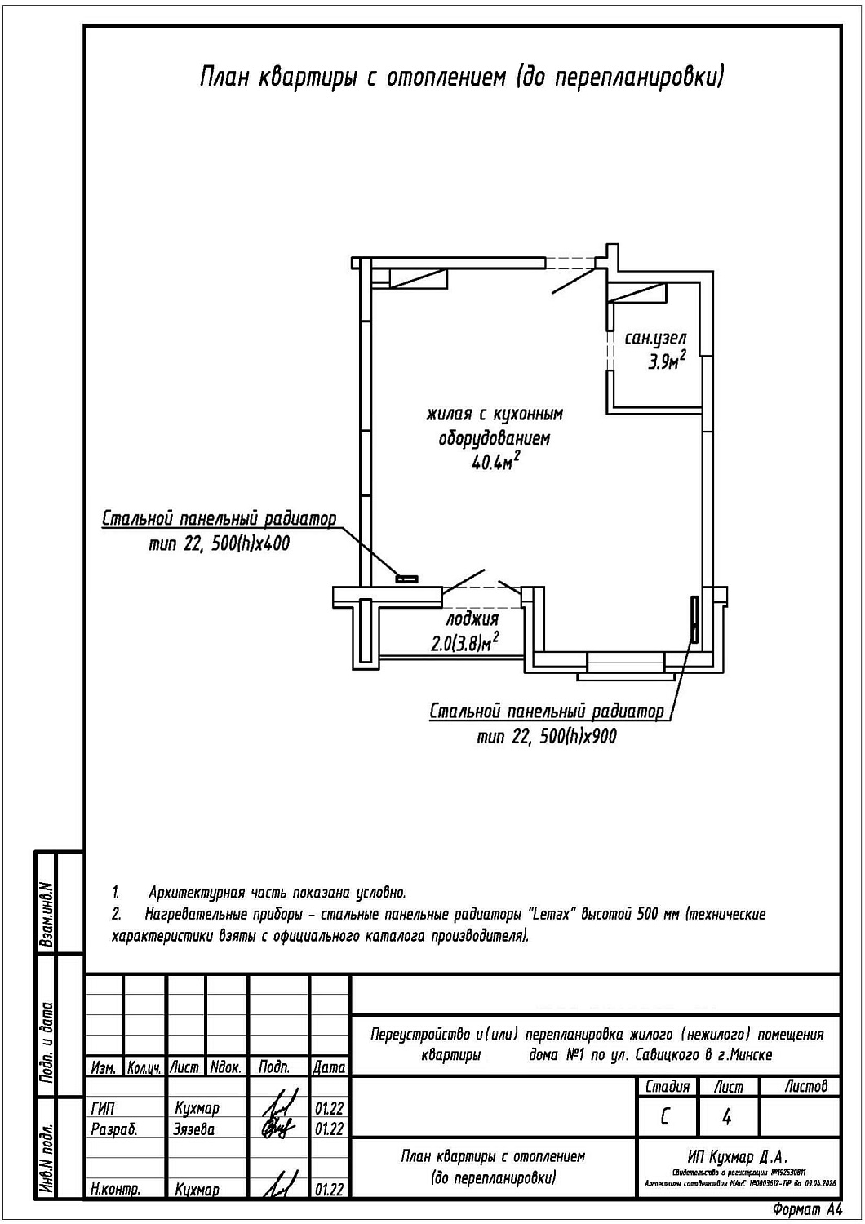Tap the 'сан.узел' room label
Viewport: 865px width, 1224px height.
click(655, 338)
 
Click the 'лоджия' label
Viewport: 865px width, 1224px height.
click(472, 619)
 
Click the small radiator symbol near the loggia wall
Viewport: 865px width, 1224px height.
click(406, 579)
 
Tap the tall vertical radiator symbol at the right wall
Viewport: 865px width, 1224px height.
click(694, 620)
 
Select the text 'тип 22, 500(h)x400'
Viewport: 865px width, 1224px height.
click(219, 543)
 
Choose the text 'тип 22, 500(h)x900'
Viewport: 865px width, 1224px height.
click(547, 736)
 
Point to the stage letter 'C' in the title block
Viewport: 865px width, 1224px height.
click(665, 1116)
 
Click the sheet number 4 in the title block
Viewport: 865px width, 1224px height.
click(727, 1116)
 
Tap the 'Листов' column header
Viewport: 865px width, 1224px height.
click(805, 1086)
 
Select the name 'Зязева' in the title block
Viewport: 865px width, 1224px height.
click(194, 1129)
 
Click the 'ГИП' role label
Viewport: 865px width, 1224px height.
click(104, 1108)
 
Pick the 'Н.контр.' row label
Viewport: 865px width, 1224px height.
click(114, 1190)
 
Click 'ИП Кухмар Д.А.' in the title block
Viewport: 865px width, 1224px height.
click(737, 1157)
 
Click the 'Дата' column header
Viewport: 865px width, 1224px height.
click(329, 1067)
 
